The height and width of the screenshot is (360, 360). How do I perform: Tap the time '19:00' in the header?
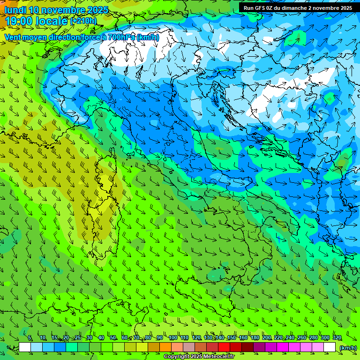19,21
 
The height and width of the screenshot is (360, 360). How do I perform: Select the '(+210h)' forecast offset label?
83,21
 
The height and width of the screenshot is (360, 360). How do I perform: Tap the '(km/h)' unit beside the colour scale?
348,347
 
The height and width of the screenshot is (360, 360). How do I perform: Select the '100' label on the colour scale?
172,337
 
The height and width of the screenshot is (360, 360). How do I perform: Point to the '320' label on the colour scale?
337,337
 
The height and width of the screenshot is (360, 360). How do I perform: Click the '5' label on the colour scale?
30,337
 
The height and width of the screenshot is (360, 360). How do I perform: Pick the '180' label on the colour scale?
255,337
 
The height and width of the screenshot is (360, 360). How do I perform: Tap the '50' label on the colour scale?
113,337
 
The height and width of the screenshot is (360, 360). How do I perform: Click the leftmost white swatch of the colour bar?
25,347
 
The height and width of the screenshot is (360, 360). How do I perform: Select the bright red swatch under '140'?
224,347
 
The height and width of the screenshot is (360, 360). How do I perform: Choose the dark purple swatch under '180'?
259,347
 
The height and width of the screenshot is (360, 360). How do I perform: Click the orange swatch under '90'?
165,347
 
